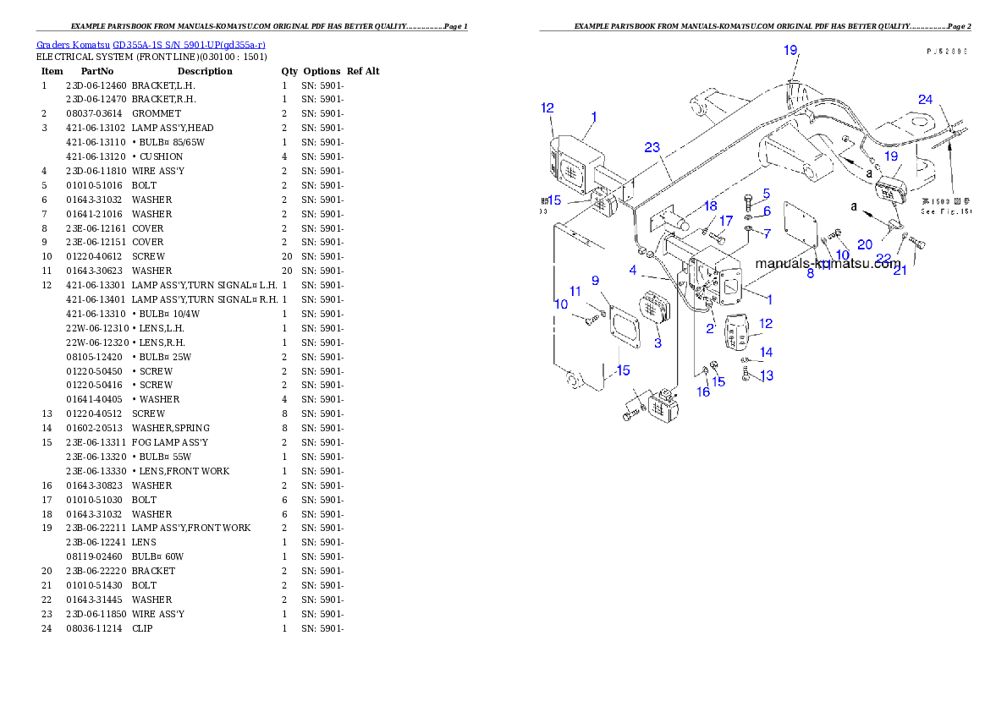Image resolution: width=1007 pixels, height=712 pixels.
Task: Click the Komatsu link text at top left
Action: (x=151, y=44)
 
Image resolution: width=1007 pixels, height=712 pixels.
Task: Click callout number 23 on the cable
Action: (x=652, y=147)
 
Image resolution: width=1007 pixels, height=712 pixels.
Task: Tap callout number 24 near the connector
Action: (x=926, y=100)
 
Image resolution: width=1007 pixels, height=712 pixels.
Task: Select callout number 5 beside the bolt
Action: (x=766, y=194)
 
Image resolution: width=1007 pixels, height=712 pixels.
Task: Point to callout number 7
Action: (x=767, y=233)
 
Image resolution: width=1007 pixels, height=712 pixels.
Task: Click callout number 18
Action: (x=710, y=205)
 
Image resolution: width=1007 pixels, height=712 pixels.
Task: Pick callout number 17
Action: (x=726, y=221)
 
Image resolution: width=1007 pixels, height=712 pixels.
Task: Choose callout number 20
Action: (x=864, y=244)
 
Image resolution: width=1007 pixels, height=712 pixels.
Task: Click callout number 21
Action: (x=900, y=271)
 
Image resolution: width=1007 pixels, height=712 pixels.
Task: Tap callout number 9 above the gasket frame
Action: (x=595, y=280)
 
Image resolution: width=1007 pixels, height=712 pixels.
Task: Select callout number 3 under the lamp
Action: (x=658, y=342)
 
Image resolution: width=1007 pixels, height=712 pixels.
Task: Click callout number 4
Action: (x=632, y=270)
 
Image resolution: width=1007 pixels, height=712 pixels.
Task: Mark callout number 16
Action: (x=703, y=392)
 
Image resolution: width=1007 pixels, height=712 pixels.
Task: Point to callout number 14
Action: (x=766, y=353)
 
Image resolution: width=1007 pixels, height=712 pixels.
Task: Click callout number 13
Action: (x=766, y=375)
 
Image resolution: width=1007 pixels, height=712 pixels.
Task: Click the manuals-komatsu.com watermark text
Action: (x=828, y=263)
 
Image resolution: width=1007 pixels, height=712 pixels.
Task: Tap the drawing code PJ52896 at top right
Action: (x=947, y=51)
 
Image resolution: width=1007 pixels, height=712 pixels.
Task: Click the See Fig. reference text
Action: (x=946, y=212)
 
